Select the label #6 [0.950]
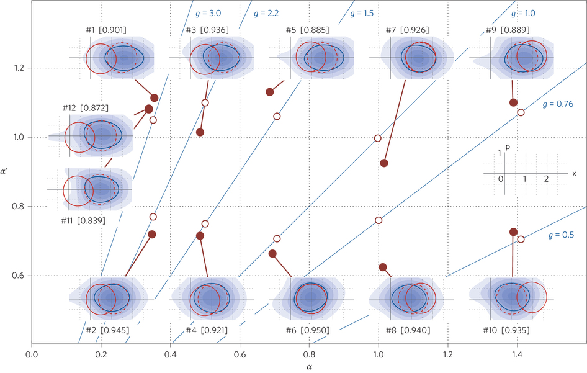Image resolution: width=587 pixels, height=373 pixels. (308, 330)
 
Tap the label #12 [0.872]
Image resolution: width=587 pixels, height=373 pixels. (86, 108)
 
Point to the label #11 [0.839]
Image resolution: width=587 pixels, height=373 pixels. (83, 220)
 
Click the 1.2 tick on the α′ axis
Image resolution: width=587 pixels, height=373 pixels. (20, 68)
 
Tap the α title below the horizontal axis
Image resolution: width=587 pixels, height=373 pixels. (309, 367)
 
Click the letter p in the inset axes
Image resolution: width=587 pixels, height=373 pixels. (508, 146)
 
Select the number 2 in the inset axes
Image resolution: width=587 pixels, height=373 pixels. (546, 179)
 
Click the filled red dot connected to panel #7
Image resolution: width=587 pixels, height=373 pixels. (384, 163)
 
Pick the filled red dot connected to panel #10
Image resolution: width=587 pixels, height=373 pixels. (513, 232)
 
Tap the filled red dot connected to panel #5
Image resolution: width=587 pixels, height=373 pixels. (270, 92)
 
